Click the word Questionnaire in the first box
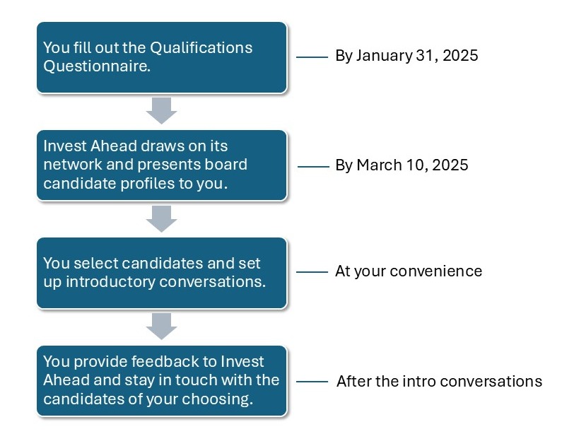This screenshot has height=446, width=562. [97, 66]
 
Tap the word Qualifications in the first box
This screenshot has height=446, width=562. [201, 47]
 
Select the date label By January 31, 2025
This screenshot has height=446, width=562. [406, 56]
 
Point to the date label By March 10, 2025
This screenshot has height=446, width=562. [402, 165]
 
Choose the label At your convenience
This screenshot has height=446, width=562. [409, 271]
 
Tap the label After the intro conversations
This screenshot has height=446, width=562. [440, 382]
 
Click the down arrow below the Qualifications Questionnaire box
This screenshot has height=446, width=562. [162, 111]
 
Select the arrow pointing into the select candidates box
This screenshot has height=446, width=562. [162, 219]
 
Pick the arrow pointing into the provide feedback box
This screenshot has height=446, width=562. [162, 327]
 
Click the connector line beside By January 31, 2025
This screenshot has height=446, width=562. [312, 57]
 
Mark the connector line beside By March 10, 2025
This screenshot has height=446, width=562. [313, 167]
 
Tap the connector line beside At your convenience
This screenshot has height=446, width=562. [312, 272]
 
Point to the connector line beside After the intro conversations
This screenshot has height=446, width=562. [312, 382]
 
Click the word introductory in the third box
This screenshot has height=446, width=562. [110, 282]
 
